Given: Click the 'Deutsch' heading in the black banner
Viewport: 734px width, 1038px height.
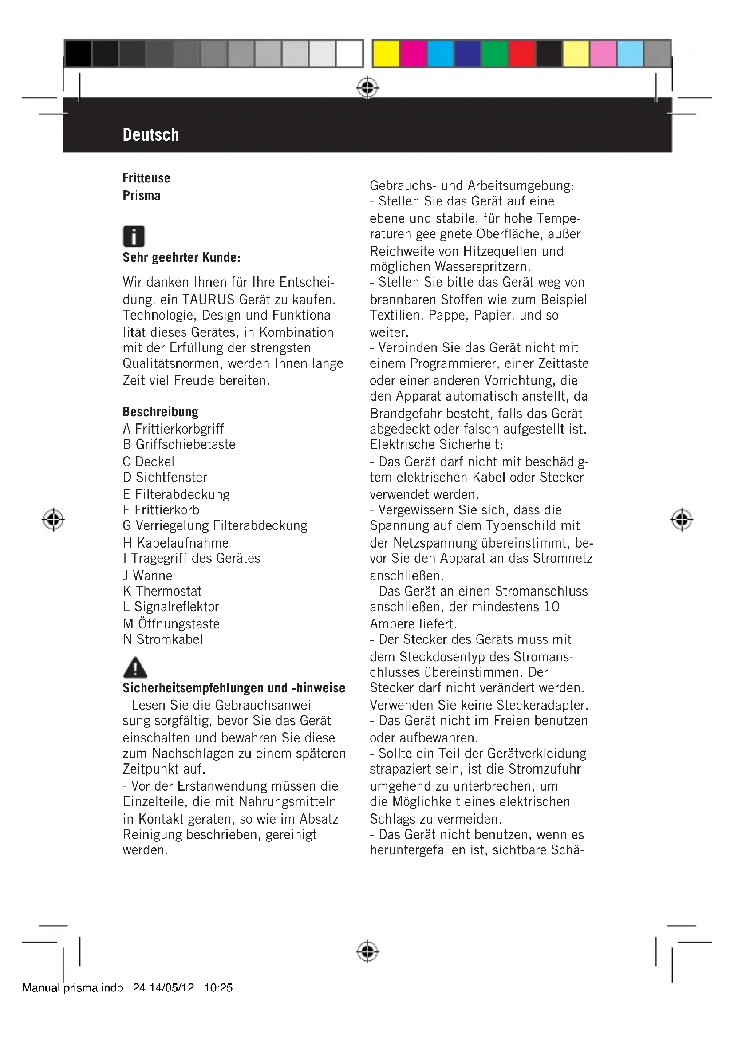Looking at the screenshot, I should point(151,135).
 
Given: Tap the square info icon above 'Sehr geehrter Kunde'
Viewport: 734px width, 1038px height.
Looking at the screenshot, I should point(134,236).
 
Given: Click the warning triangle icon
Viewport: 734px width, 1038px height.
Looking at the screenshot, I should point(135,667).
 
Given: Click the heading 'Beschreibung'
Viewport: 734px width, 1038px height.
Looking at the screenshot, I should point(161,412).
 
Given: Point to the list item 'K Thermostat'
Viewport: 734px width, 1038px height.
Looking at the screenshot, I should point(162,591).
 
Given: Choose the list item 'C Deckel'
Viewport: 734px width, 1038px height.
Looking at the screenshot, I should point(148,462).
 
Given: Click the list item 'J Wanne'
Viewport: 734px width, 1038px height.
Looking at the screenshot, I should point(147,576).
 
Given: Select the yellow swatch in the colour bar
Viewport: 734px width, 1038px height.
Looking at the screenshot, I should point(386,54).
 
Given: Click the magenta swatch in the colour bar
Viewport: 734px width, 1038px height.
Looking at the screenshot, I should point(413,54).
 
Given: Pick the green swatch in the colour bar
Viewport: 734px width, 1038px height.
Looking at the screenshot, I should point(494,54).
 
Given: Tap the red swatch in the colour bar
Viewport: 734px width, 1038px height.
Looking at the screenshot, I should point(521,54).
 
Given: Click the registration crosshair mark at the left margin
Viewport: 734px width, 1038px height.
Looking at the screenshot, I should point(53,520).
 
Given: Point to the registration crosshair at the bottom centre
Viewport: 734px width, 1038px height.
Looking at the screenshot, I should point(367,951).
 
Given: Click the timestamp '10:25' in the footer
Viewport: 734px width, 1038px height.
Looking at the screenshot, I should point(218,988).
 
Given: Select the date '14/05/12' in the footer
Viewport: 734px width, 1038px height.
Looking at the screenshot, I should point(171,988).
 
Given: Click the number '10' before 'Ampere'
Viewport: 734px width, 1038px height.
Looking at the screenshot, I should point(552,606).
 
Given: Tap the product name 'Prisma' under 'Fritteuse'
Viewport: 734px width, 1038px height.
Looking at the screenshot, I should point(142,196).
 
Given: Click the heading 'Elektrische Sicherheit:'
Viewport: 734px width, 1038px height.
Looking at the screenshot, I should point(436,444).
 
